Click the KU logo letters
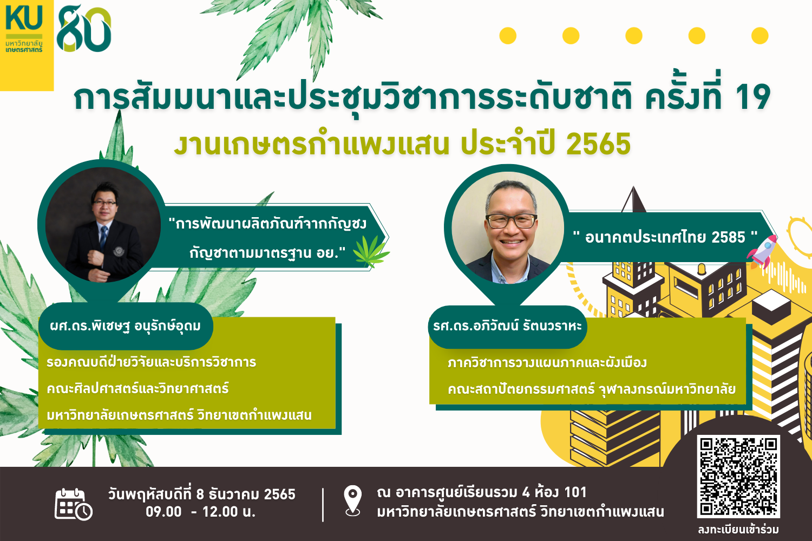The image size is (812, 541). [x=24, y=17]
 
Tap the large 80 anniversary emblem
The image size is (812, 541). [x=84, y=29]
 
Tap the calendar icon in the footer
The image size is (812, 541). [x=74, y=504]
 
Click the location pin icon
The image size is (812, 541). [x=353, y=500]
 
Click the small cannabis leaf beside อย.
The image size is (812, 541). [x=371, y=251]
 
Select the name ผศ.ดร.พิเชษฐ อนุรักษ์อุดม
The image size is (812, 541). [x=126, y=326]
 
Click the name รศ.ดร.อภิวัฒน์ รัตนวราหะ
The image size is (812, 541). [x=507, y=326]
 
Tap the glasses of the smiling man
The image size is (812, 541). [x=511, y=221]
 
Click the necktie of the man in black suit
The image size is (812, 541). [x=103, y=238]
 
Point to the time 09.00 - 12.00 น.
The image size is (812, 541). [x=200, y=512]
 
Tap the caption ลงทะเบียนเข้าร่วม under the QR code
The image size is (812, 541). [x=738, y=530]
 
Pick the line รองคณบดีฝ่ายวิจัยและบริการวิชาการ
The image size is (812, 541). [x=152, y=362]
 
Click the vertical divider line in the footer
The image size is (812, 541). [x=323, y=505]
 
